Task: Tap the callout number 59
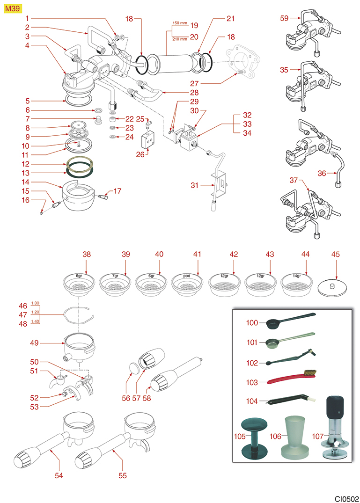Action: (284, 18)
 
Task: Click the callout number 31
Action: (194, 186)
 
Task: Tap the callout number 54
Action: (59, 475)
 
